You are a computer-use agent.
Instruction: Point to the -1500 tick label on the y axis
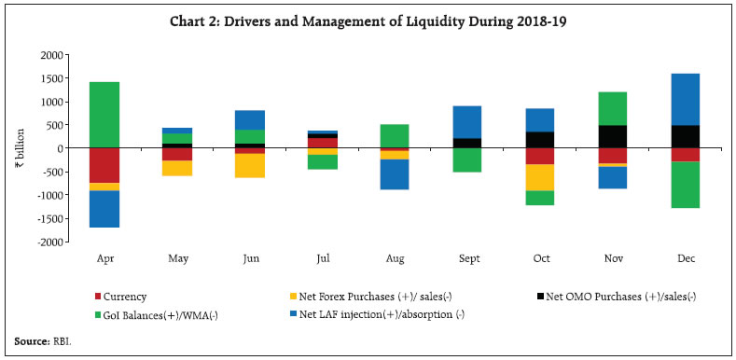pyautogui.click(x=51, y=218)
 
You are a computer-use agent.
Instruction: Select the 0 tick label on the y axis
pyautogui.click(x=61, y=148)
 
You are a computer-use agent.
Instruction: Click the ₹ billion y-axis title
pyautogui.click(x=20, y=148)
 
